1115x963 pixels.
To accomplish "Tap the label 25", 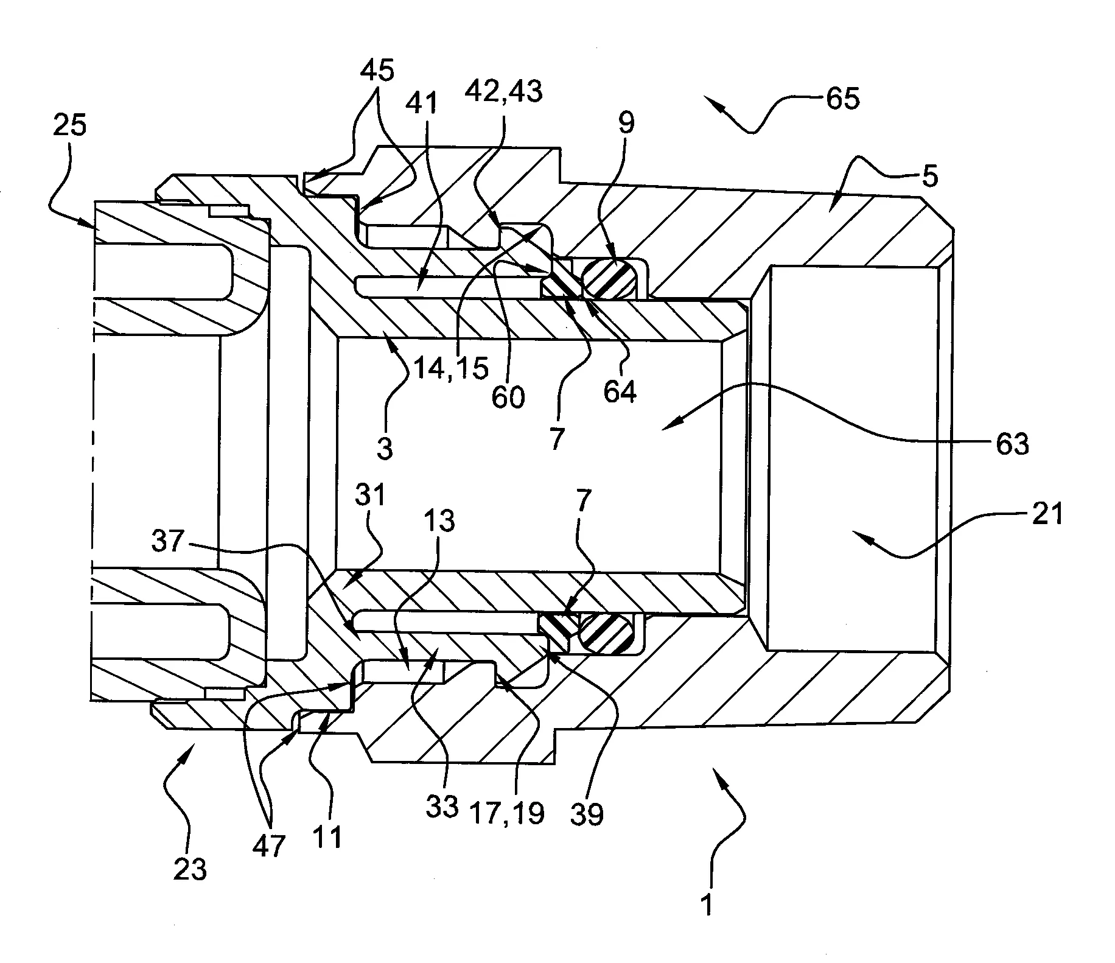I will tap(69, 126).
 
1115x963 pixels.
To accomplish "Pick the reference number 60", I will tap(508, 397).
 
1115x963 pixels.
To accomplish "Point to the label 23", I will tap(190, 870).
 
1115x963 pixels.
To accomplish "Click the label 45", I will tap(377, 71).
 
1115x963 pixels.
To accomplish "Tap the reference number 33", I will tap(442, 807).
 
